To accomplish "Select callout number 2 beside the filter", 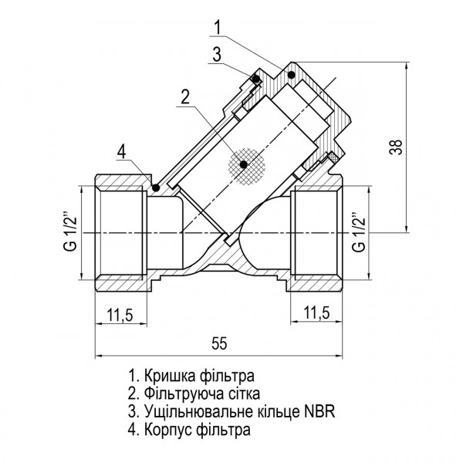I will pos(184,97).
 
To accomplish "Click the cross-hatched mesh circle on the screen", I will pos(244,164).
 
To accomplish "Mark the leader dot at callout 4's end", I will pos(155,187).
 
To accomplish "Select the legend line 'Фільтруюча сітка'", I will pos(198,394).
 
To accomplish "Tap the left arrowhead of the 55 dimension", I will pos(98,356).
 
